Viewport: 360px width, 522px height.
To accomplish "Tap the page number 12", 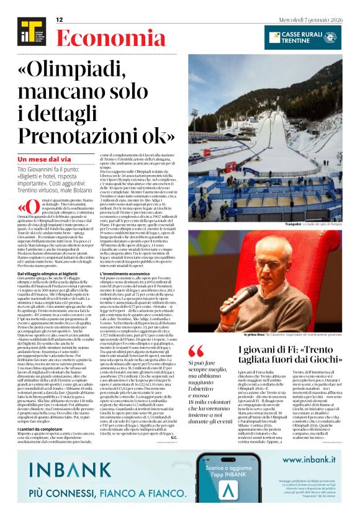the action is tap(60, 20).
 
